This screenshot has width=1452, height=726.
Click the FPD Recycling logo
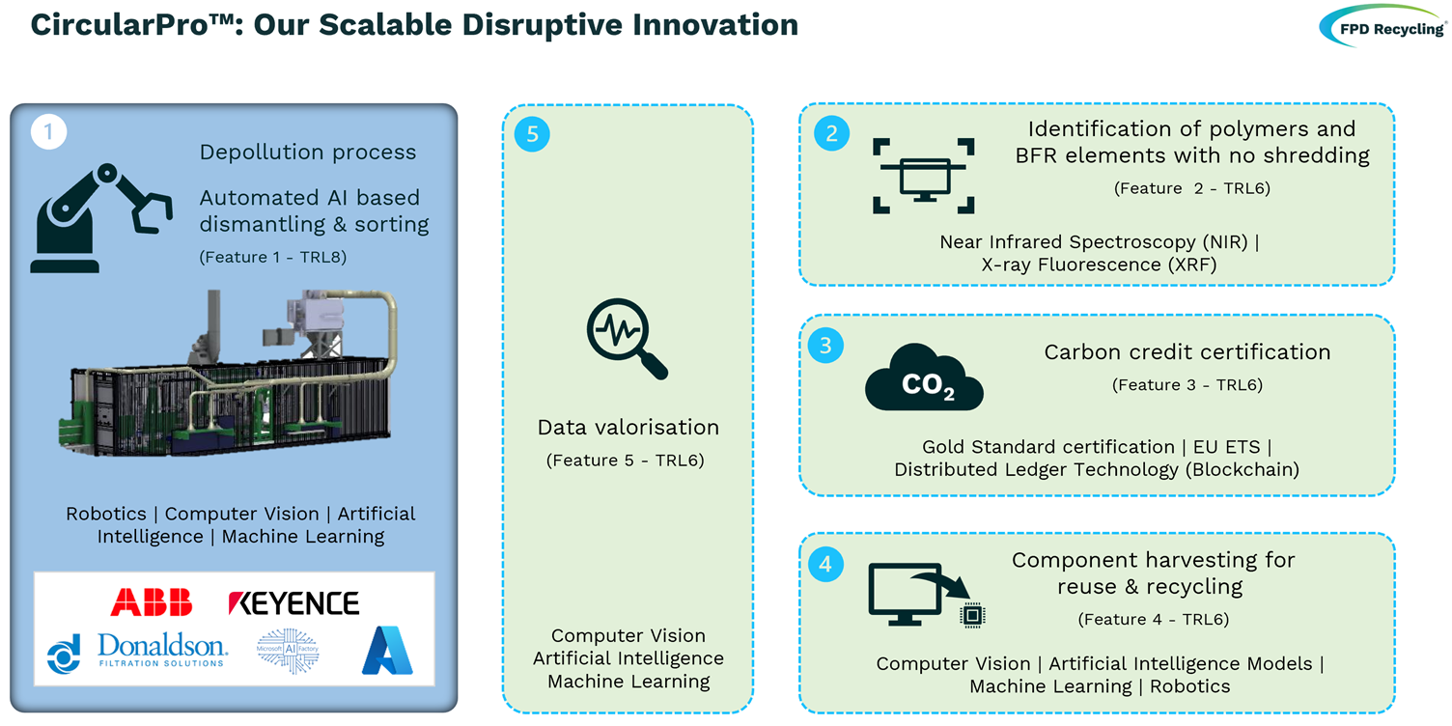point(1382,27)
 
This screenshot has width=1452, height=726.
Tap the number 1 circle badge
point(48,131)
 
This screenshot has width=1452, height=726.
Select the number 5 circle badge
point(532,134)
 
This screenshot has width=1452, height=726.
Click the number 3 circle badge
point(825,345)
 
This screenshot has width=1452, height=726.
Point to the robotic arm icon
point(101,218)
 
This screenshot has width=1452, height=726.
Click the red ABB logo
point(152,602)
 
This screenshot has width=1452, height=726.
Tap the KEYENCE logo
point(293,603)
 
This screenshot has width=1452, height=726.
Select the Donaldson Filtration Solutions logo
point(137,652)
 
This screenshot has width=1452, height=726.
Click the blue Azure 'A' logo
point(387,650)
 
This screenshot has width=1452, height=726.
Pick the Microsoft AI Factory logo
point(288,650)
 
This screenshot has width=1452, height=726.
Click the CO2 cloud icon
point(924,377)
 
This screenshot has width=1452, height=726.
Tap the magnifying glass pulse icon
point(627,338)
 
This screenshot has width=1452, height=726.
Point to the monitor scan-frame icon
point(924,176)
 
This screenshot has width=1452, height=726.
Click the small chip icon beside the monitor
point(972,615)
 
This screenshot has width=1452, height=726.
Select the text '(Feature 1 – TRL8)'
point(273,258)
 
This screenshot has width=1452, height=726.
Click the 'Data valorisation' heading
point(628,427)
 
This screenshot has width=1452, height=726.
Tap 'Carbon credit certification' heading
point(1187,352)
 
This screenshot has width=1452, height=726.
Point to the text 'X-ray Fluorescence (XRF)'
point(1099,265)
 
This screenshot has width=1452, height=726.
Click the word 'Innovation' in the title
point(715,25)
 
